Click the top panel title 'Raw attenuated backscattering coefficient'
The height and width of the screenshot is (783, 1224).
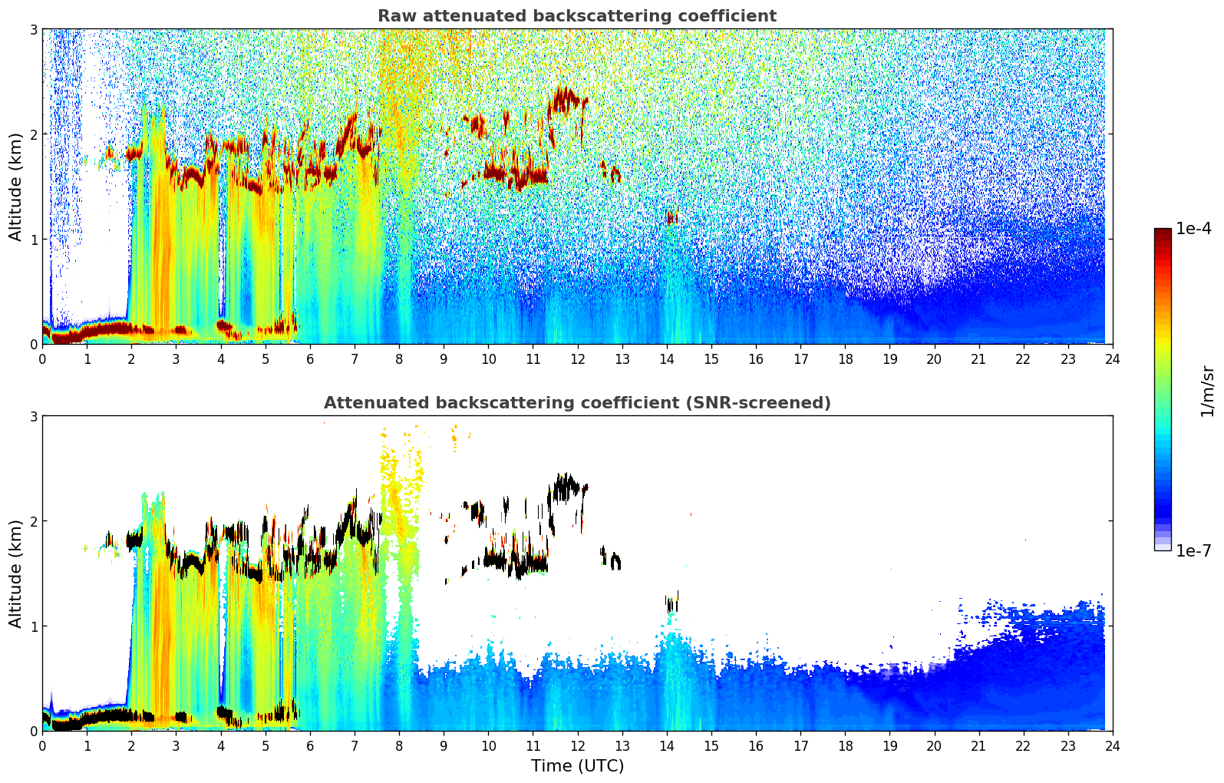click(577, 16)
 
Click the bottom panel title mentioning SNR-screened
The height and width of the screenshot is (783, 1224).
click(577, 403)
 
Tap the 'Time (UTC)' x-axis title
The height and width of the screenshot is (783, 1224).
click(577, 765)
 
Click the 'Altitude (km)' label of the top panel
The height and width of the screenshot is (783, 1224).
click(15, 187)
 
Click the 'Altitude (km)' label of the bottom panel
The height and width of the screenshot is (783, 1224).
click(15, 573)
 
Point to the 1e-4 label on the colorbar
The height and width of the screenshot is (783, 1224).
click(1193, 229)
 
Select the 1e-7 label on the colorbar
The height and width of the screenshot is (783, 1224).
click(1193, 550)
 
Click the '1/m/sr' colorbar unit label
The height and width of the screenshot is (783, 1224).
click(1207, 390)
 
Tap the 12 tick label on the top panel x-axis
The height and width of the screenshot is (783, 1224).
click(577, 358)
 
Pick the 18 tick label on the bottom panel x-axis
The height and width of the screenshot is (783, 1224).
click(845, 745)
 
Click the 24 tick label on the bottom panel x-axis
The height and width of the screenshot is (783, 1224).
click(1113, 745)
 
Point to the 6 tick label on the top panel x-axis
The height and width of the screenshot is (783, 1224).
click(310, 358)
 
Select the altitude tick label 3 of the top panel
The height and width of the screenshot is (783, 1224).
click(33, 29)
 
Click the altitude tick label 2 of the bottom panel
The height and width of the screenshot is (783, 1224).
click(33, 521)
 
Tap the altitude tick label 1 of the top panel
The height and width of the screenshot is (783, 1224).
click(33, 240)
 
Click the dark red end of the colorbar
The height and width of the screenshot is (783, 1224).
click(1163, 231)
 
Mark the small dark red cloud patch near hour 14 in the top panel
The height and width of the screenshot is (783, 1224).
click(672, 219)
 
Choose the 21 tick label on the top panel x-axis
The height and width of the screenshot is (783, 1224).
click(978, 358)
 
